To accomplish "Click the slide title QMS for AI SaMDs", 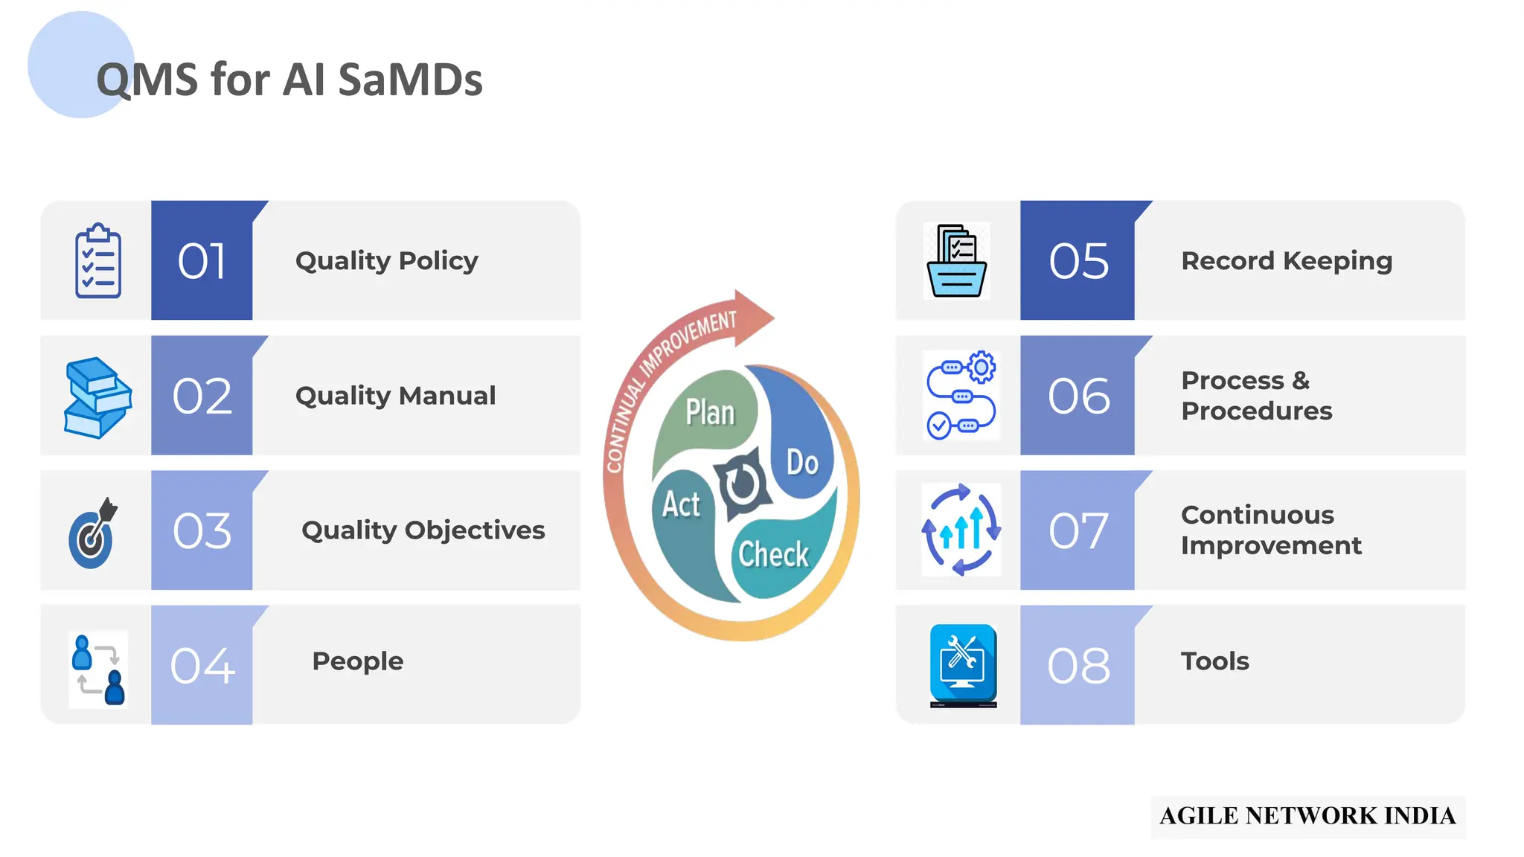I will [x=289, y=80].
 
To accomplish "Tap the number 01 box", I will [x=202, y=261].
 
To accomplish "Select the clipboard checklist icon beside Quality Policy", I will [x=98, y=261].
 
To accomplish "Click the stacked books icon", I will [x=97, y=397].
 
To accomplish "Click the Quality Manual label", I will [x=395, y=396].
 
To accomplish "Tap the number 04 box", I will [x=202, y=665].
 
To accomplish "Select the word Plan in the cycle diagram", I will [x=710, y=412].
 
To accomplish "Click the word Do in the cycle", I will [x=802, y=463].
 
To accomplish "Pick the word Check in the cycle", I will [x=773, y=555].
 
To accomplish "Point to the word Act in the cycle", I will [x=681, y=504].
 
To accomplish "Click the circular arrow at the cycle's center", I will [x=741, y=484].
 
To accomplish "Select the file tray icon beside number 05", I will [x=957, y=261].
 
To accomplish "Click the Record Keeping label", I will [x=1287, y=261].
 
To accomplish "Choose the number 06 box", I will [x=1078, y=396].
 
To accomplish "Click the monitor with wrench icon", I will [x=963, y=664].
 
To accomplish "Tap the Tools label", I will [x=1214, y=661].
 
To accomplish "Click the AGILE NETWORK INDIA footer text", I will [x=1307, y=816].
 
